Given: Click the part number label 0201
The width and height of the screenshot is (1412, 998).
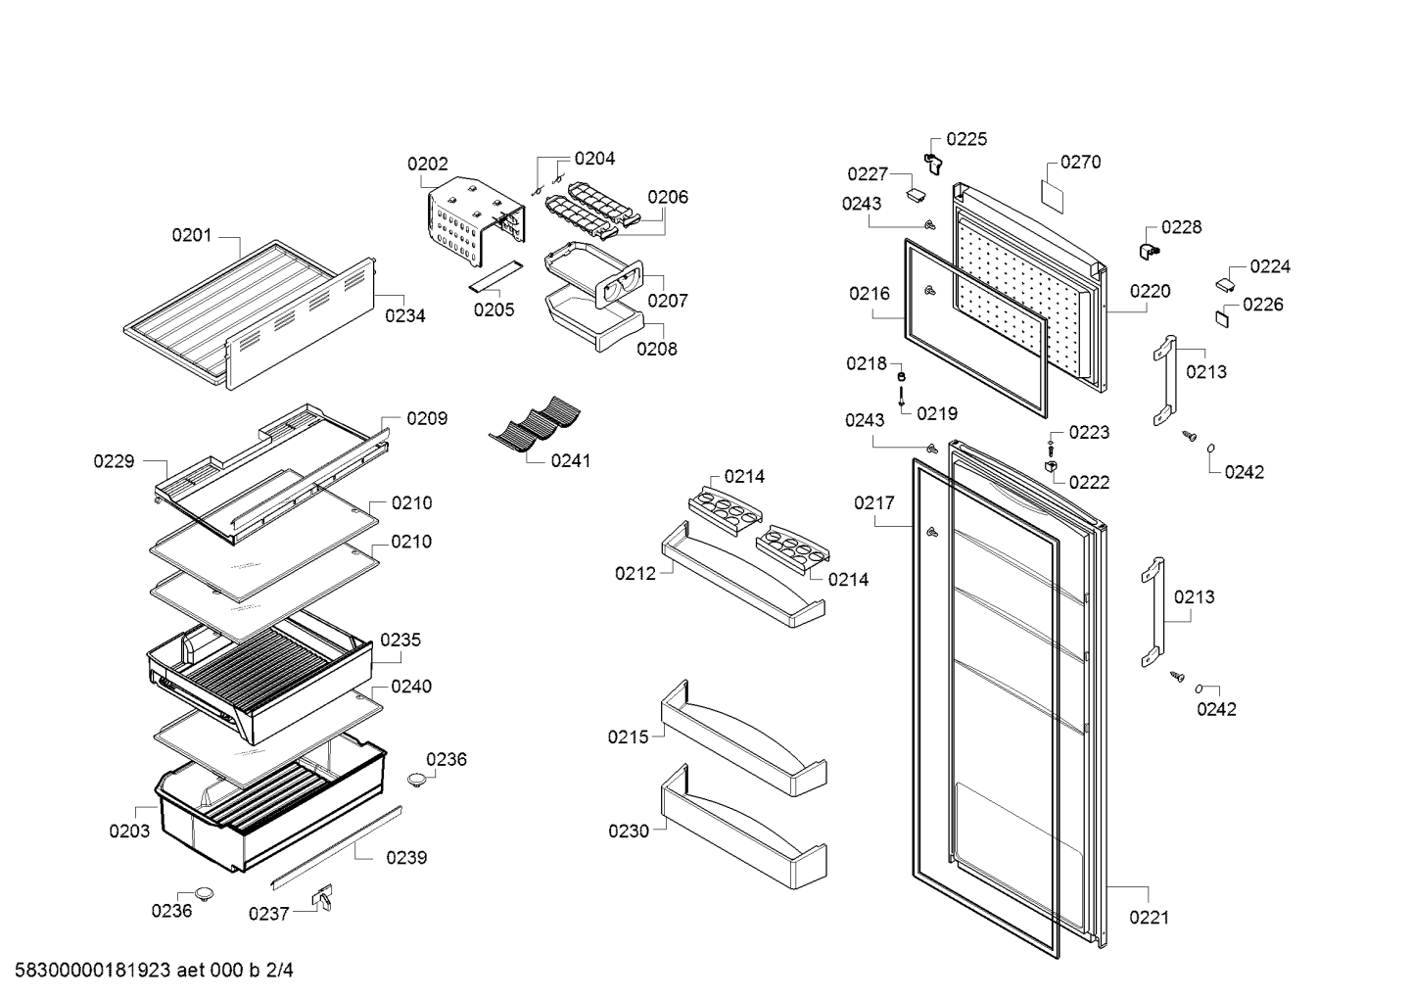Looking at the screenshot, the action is tap(192, 236).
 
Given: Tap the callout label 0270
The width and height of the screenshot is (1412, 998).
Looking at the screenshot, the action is tap(1080, 163).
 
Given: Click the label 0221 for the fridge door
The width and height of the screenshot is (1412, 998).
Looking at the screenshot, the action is tap(1150, 918).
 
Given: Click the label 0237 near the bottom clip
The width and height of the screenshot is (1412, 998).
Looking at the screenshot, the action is tap(268, 914).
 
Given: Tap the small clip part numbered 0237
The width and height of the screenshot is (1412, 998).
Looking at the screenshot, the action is tap(323, 897).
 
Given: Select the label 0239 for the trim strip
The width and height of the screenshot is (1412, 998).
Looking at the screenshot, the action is tap(406, 857).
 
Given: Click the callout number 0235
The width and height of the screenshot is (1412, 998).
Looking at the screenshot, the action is tap(400, 640).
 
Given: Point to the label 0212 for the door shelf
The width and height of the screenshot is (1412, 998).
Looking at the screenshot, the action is tap(635, 574).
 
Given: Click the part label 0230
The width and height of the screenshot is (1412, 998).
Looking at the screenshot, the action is tap(629, 832).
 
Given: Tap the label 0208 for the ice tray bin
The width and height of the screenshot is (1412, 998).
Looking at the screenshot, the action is tap(657, 350).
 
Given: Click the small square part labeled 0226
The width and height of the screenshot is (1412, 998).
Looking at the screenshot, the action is tap(1222, 318).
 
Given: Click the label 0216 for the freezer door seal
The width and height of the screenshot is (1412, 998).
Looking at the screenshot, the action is tap(870, 294).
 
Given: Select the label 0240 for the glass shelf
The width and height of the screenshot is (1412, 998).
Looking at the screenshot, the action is tap(411, 687).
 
